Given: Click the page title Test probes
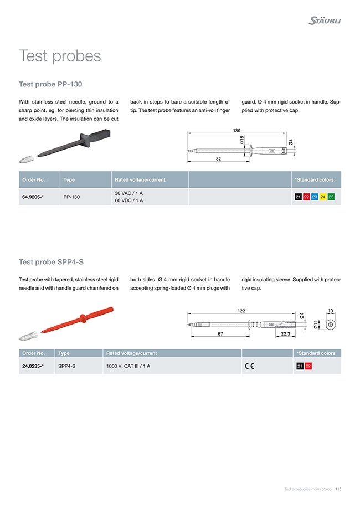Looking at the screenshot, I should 60,56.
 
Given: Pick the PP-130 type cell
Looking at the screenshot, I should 71,197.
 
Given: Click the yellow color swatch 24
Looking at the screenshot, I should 323,197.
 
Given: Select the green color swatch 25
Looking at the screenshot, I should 331,197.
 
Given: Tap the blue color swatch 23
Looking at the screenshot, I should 315,197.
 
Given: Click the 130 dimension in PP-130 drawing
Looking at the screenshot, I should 236,131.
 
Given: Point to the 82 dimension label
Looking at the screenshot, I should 219,158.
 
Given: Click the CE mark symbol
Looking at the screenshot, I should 249,366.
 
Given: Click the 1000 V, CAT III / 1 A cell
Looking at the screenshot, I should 128,366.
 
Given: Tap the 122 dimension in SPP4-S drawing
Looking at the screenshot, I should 241,311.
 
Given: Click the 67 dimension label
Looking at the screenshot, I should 220,334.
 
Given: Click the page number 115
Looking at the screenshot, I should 338,489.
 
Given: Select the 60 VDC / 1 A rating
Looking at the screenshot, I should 128,200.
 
